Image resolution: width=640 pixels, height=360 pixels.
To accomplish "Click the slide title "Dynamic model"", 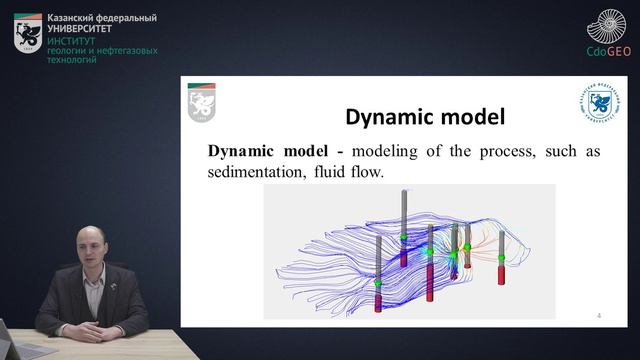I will coord(425,117).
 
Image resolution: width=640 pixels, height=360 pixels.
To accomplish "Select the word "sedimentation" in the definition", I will coord(257,172).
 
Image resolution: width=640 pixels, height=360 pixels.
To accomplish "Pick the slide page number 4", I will coord(598,315).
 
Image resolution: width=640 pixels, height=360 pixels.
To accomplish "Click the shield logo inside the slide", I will coord(201,103).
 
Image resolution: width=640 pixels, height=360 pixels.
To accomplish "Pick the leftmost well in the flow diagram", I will coord(379,275).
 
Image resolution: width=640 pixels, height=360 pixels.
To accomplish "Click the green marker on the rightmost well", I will coord(501,258).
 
